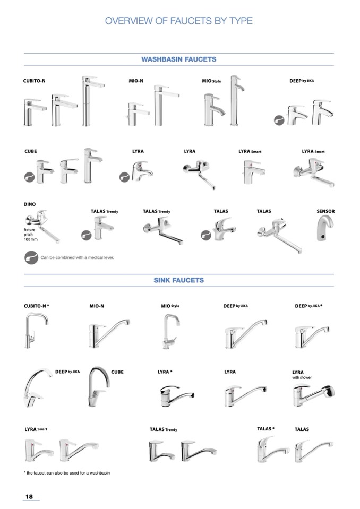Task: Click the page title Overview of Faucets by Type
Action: coord(178,21)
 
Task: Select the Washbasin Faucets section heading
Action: coord(178,59)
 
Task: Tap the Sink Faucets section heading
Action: coord(178,280)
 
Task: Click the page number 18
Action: coord(29,496)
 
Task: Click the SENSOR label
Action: coord(325,211)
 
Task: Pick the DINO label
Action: coord(30,204)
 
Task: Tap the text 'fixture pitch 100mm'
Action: coord(30,235)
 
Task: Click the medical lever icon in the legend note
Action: coord(31,257)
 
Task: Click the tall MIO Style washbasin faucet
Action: coord(236,101)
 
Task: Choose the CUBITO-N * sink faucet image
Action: coord(36,330)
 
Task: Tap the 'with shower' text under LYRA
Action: coord(302,377)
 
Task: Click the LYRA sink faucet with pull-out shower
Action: coord(314,395)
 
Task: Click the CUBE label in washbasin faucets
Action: coord(30,151)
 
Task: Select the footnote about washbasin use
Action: coord(66,473)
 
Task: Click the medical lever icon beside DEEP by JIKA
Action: coord(279,120)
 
